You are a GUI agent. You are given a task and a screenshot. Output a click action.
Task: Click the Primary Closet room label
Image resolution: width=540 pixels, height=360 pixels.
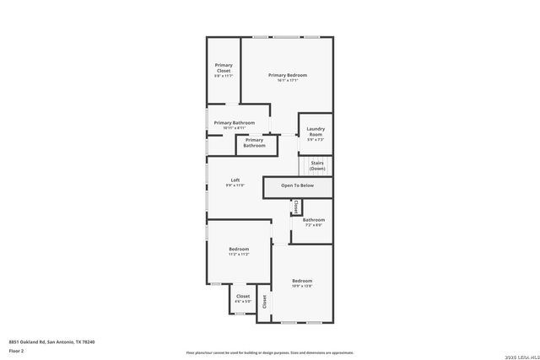point(224,67)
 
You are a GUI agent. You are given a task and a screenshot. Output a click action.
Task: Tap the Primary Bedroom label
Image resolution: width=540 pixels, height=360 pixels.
point(288,75)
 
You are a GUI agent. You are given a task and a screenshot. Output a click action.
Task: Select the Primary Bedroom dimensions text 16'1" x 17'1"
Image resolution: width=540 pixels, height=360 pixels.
point(288,81)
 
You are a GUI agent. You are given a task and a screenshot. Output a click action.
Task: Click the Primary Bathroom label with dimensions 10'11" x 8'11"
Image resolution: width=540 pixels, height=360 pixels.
point(234,123)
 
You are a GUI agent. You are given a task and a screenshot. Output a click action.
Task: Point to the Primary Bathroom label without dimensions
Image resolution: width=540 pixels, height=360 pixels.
point(255,142)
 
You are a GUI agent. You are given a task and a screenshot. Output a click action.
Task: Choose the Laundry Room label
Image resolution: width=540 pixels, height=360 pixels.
point(315,132)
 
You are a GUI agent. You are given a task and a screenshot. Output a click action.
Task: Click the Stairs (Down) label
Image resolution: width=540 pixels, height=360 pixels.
point(317,165)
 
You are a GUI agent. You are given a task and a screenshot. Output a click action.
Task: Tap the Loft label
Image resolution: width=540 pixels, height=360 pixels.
point(235,180)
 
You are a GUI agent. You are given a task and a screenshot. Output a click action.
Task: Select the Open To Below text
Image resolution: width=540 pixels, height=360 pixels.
point(297,185)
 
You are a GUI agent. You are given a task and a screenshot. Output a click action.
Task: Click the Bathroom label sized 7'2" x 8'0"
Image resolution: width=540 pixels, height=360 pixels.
point(314,220)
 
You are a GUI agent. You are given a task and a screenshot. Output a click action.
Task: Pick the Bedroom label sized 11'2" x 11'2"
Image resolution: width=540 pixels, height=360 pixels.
point(239,249)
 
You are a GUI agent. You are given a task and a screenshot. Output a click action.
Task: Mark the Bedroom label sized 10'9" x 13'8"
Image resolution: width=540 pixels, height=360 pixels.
point(302,281)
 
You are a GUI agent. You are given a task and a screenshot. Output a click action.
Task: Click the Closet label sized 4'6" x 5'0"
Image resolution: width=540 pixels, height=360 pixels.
point(242,296)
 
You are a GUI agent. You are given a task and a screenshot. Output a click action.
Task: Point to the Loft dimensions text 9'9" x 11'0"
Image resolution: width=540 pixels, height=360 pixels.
point(235,185)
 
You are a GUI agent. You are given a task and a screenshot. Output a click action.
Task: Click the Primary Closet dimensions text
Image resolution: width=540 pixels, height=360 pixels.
point(224,76)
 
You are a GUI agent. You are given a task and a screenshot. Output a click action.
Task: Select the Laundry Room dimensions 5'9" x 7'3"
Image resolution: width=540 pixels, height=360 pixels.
point(315,140)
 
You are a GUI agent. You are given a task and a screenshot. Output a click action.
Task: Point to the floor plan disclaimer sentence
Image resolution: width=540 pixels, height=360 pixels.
point(270,353)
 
